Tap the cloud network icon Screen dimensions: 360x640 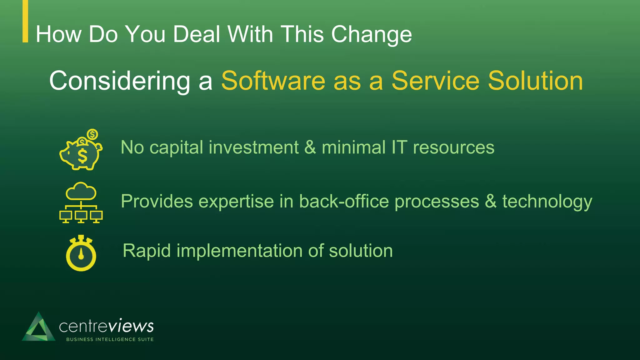[81, 202]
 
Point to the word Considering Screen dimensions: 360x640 [120, 81]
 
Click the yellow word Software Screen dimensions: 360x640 [273, 81]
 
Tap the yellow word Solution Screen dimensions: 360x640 [535, 81]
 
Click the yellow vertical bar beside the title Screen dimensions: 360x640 [25, 21]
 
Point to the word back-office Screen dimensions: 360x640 [343, 201]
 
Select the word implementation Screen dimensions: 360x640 [241, 251]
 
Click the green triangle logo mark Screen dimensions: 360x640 [38, 327]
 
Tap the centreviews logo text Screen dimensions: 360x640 [106, 326]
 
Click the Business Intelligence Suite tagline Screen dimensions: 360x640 [110, 339]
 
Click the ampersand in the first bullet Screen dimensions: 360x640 [310, 147]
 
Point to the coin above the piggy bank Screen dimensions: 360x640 [92, 135]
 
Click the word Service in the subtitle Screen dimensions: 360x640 [435, 81]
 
